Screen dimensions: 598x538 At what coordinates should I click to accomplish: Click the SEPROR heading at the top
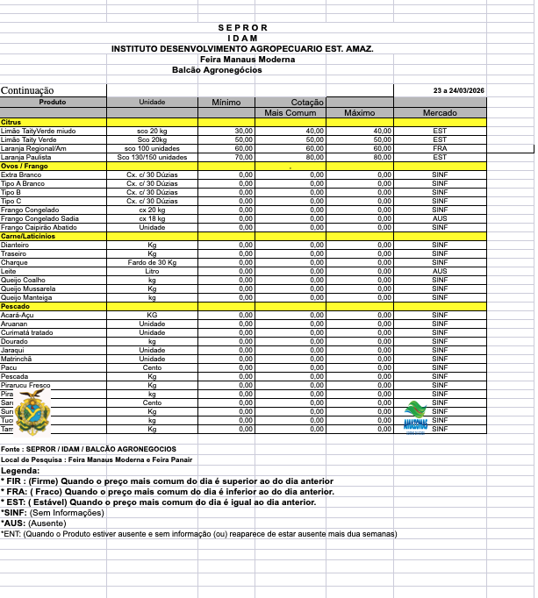pos(241,28)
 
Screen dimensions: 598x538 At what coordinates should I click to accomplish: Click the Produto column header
pos(53,103)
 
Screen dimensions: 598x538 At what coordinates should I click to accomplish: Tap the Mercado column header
pos(440,113)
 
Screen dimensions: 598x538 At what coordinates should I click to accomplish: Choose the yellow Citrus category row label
pos(11,122)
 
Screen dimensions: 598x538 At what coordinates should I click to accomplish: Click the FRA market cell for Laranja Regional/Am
pos(440,148)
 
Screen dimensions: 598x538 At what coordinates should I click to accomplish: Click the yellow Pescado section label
pos(17,305)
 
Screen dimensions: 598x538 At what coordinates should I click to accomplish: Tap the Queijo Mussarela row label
pos(28,288)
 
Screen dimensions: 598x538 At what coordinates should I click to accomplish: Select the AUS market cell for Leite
pos(440,271)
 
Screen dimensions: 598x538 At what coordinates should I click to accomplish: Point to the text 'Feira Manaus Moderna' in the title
pos(247,59)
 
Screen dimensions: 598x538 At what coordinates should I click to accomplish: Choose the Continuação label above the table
pos(27,90)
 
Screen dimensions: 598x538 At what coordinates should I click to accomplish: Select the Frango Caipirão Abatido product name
pos(39,227)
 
